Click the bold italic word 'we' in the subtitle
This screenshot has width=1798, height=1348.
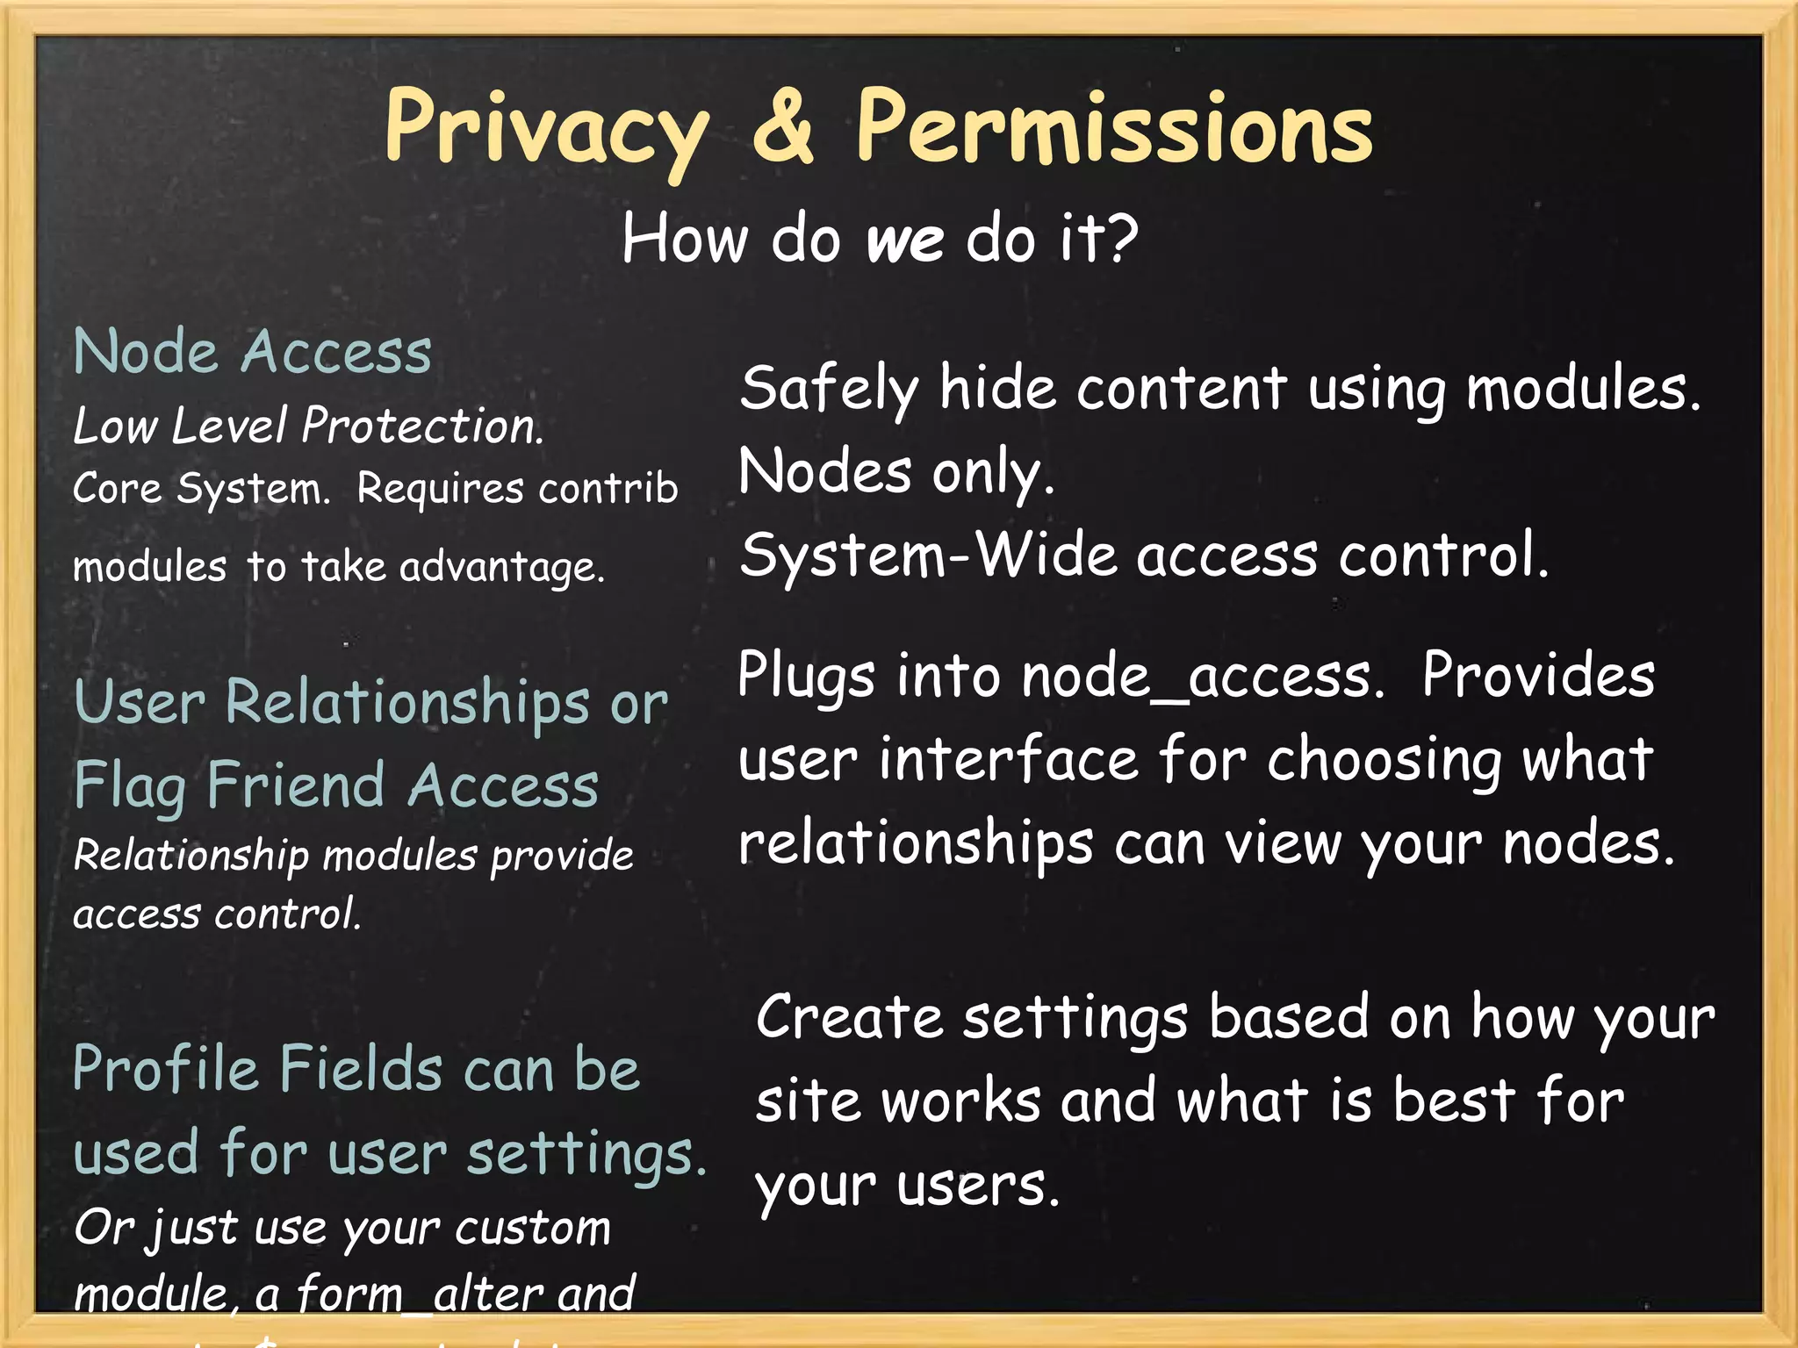(905, 240)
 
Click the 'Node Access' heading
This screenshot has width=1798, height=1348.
(253, 352)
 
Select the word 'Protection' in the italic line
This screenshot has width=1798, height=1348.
(421, 427)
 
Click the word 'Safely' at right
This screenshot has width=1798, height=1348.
(829, 389)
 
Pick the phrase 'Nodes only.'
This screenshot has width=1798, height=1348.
(895, 472)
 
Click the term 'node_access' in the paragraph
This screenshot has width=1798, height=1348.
(1203, 677)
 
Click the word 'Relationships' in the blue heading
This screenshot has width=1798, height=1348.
(407, 704)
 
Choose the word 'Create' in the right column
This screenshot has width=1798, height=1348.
(849, 1017)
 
